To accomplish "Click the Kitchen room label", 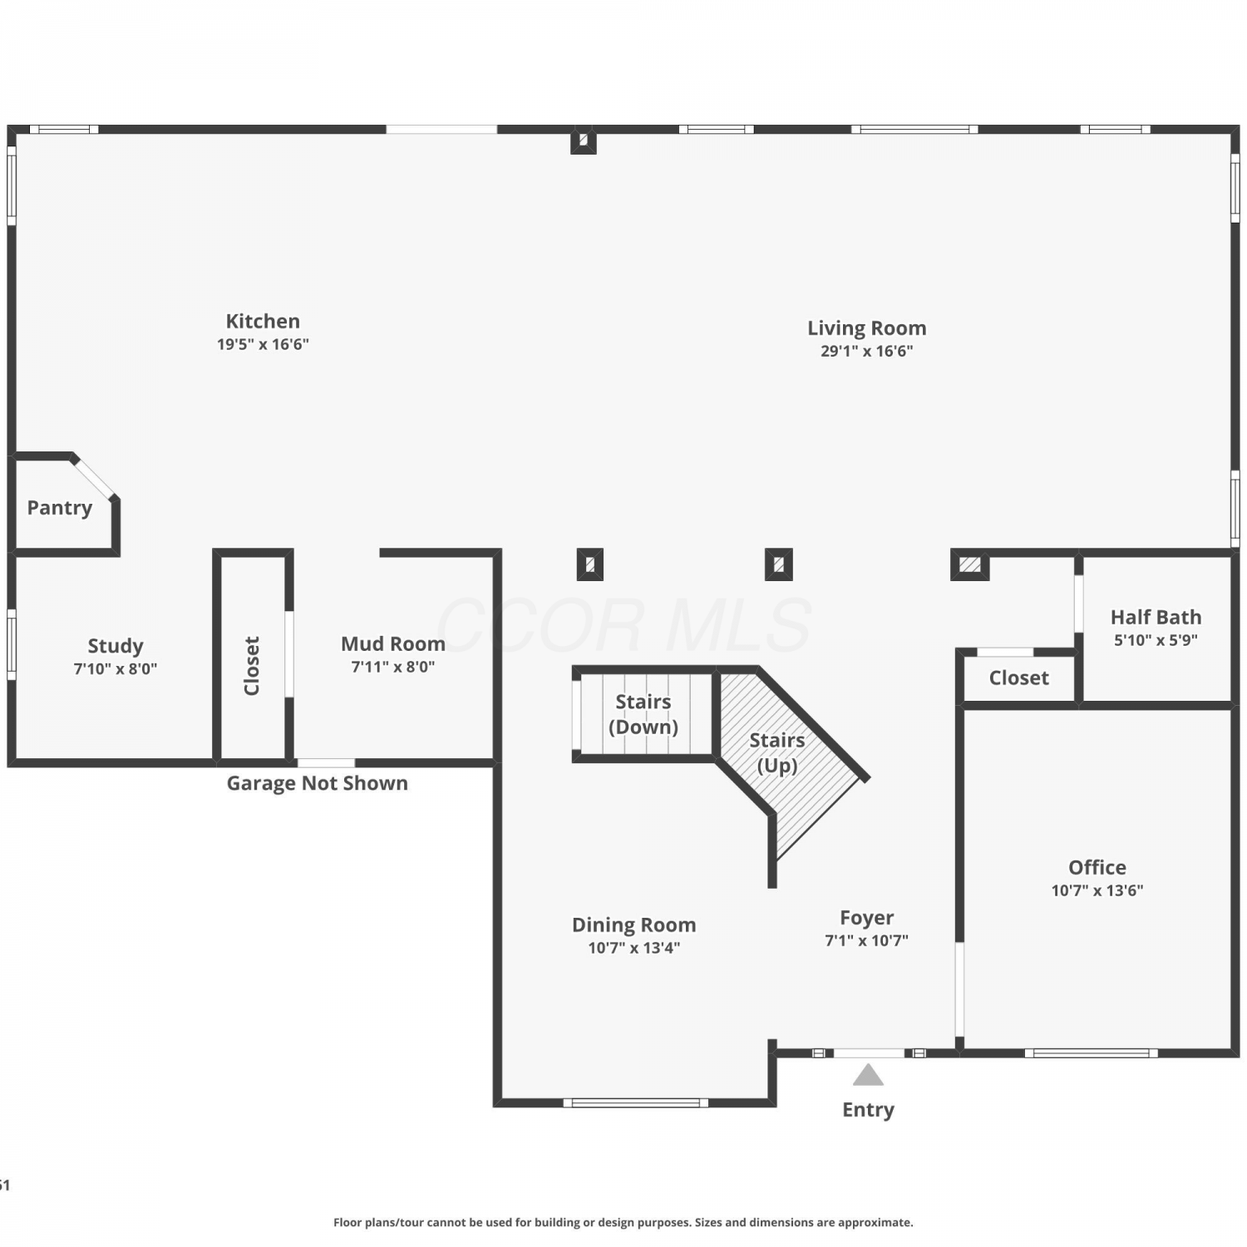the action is (x=263, y=321).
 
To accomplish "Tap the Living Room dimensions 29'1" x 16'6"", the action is (x=866, y=351).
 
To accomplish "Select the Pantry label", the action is (x=59, y=508).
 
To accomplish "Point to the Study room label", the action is (x=116, y=646).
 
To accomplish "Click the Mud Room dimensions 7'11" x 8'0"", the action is (x=393, y=667).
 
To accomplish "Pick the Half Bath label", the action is (x=1156, y=617).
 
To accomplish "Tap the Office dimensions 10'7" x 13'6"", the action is (x=1097, y=890).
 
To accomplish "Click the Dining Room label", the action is (x=633, y=925).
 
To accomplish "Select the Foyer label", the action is (x=866, y=918).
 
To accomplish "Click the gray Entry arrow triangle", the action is (x=868, y=1076).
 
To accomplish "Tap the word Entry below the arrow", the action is (x=868, y=1110).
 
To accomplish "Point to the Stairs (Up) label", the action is (x=777, y=752).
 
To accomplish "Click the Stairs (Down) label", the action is (x=643, y=714).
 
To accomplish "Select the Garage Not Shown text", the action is (x=318, y=783).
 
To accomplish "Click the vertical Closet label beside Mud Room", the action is (x=252, y=665).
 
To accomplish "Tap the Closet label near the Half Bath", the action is (x=1018, y=678).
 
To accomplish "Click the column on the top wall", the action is (x=583, y=140).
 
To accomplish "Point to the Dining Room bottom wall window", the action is (x=636, y=1103).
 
